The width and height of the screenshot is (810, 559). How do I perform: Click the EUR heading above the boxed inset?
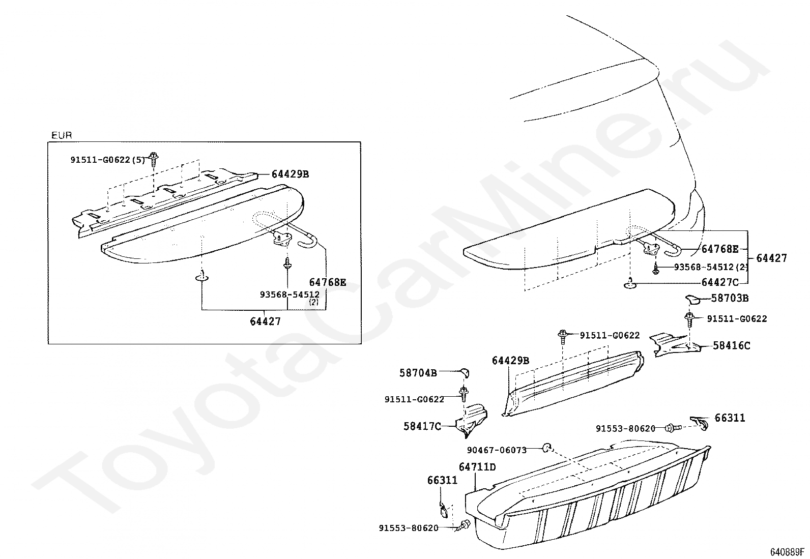(x=62, y=135)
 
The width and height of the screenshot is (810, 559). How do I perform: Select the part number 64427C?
(x=720, y=282)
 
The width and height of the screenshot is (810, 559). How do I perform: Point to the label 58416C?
(x=732, y=346)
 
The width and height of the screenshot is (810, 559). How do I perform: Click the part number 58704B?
(x=418, y=373)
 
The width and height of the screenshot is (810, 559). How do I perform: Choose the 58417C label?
(x=422, y=426)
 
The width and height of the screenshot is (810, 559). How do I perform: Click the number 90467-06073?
(x=497, y=450)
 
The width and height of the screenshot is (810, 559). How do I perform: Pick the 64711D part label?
(x=477, y=467)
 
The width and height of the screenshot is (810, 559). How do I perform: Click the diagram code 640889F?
(x=787, y=552)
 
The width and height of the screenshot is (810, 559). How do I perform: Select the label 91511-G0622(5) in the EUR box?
(x=108, y=160)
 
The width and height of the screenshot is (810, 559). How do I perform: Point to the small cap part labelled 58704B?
(x=465, y=373)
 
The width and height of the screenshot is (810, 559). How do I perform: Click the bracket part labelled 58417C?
(x=472, y=420)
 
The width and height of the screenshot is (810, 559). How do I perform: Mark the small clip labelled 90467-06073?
(x=547, y=448)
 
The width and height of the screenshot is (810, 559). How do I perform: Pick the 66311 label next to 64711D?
(x=442, y=480)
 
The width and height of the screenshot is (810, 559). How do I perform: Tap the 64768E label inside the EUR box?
(x=327, y=282)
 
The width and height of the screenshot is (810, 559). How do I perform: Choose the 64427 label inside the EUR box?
(x=265, y=321)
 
